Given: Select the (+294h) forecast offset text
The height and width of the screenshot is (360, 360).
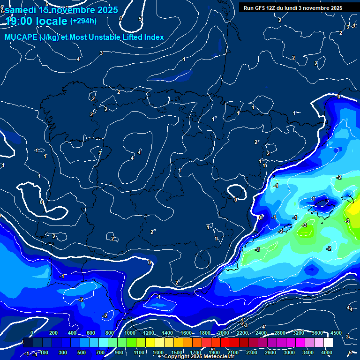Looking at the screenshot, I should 83,21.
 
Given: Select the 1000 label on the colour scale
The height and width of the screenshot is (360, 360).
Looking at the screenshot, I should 130,333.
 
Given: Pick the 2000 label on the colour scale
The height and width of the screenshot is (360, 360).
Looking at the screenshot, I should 224,333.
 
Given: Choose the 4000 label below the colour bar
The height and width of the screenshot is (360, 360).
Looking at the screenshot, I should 327,352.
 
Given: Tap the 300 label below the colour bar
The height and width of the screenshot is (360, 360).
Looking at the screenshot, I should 63,352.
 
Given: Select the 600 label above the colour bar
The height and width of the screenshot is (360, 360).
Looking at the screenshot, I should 91,333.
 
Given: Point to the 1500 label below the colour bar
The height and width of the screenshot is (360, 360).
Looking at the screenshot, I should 177,352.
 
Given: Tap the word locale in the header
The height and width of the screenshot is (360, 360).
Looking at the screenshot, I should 54,21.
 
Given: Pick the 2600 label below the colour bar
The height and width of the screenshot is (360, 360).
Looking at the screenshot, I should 270,352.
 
